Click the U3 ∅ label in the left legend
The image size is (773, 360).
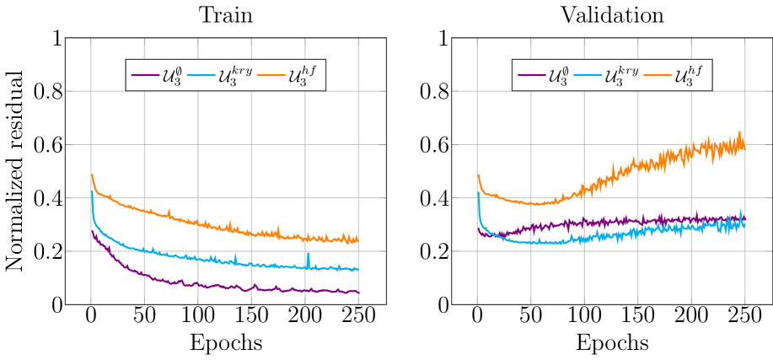(x=171, y=76)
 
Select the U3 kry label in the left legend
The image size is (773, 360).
(x=234, y=76)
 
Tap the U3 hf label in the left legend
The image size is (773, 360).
(x=303, y=76)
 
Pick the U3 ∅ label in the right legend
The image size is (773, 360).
(x=557, y=76)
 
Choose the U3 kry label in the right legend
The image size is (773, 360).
(x=620, y=76)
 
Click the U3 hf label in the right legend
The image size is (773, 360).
(x=689, y=76)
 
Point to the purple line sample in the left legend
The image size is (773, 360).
(x=145, y=76)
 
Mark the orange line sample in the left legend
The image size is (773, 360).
(x=271, y=76)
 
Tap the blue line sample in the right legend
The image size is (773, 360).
(x=588, y=76)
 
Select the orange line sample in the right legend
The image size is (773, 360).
(x=658, y=76)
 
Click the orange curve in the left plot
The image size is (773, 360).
(x=198, y=221)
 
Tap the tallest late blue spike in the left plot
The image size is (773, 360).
(x=308, y=254)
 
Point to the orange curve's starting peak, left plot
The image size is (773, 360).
(x=92, y=175)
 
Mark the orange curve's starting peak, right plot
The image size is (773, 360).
(x=478, y=175)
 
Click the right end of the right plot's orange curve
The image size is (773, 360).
(x=743, y=143)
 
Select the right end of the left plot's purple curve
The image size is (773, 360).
(x=358, y=293)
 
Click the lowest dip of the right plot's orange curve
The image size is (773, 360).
(x=536, y=204)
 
